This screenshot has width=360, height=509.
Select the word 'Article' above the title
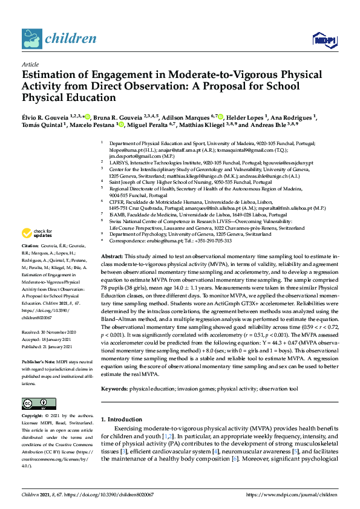[x=30, y=64]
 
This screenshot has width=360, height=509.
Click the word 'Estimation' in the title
[x=52, y=76]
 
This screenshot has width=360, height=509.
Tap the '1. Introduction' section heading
[x=123, y=420]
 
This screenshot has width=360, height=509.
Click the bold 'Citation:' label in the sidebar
[x=30, y=264]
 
